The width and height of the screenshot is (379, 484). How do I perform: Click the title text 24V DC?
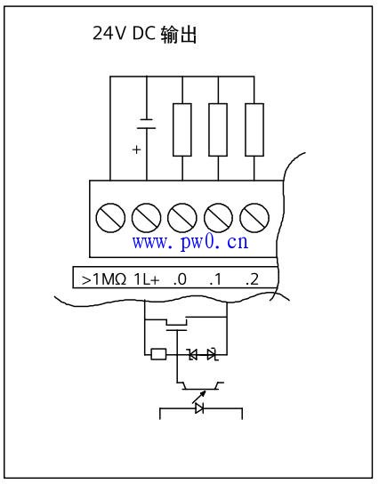tap(124, 33)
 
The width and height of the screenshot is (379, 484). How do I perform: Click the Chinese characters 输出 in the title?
tap(179, 34)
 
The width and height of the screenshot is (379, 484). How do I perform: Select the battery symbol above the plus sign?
tap(146, 124)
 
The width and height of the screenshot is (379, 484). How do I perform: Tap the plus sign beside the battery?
tap(136, 149)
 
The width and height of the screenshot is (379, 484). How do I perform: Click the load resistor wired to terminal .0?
tap(182, 130)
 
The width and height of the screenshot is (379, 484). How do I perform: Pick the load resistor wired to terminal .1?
tap(218, 130)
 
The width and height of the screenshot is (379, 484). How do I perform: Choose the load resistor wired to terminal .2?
tap(254, 130)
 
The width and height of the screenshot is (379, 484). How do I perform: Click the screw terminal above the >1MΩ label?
tap(110, 218)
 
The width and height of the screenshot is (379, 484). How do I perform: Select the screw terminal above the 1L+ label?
tap(146, 218)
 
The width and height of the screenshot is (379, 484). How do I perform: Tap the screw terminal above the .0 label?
tap(182, 218)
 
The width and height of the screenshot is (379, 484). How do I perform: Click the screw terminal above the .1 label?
tap(218, 218)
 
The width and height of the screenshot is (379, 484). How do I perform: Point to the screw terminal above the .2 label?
tap(254, 218)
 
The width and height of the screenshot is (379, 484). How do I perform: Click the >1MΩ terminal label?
tap(104, 279)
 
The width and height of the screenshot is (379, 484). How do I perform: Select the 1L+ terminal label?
tap(147, 279)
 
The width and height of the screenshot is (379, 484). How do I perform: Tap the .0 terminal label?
tap(180, 279)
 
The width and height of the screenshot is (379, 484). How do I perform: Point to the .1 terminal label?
tap(215, 279)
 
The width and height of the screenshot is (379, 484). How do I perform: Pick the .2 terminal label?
tap(252, 279)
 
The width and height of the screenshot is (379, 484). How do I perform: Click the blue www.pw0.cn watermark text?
tap(190, 242)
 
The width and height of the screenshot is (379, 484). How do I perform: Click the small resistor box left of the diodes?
tap(158, 354)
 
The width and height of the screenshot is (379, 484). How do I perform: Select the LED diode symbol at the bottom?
tap(199, 408)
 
